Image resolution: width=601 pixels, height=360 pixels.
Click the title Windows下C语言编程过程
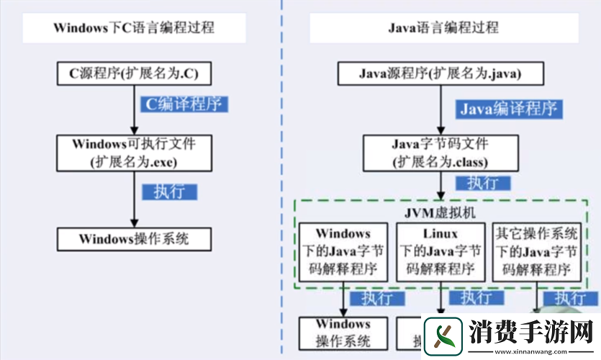coord(134,28)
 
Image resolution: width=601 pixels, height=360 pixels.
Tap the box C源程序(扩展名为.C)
coord(134,73)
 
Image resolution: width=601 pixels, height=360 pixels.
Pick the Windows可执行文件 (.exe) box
coord(134,152)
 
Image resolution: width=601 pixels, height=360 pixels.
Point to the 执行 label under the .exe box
coord(170,192)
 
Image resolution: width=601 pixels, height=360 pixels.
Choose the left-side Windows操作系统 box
coord(134,238)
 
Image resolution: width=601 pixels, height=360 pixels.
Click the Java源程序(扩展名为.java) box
coord(440,73)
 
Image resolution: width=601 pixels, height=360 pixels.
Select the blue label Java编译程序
coord(509,109)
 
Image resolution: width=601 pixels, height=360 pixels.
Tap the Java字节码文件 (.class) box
coord(440,152)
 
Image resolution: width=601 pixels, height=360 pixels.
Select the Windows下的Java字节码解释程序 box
coord(343,251)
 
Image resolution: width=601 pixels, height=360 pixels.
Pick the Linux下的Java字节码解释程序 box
coord(440,251)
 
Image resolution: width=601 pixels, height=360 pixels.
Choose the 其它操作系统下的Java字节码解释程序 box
coord(536,251)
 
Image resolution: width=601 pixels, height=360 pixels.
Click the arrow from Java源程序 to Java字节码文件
coord(440,108)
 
